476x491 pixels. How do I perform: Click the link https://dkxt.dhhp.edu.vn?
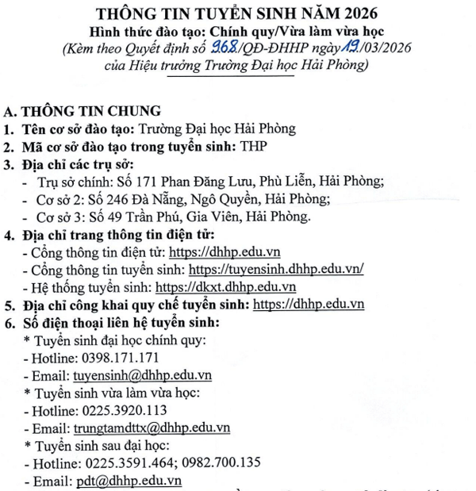(x=226, y=286)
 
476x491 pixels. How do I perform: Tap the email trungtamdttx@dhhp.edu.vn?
(x=152, y=428)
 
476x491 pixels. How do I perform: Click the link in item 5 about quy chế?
(x=307, y=304)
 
